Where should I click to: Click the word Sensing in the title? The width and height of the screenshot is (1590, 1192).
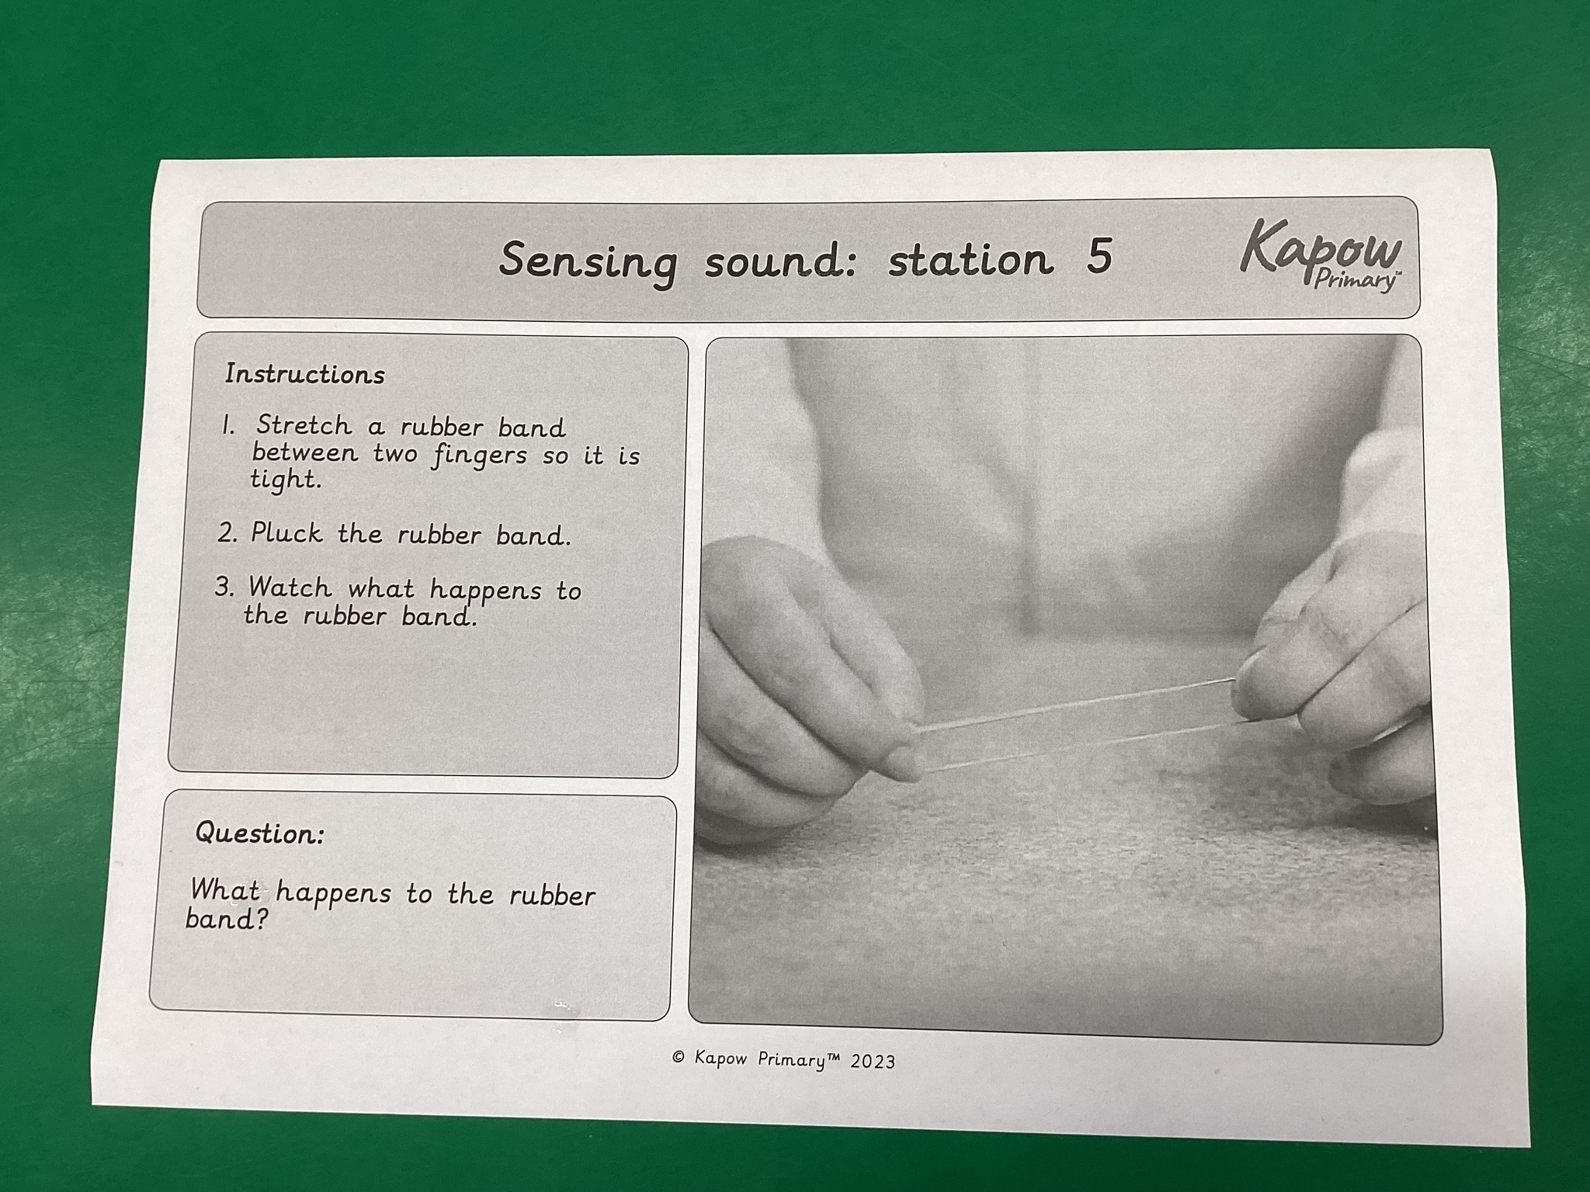(588, 262)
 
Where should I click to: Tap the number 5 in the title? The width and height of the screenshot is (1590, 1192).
(1099, 256)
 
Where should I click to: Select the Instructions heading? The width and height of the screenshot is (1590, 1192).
(304, 374)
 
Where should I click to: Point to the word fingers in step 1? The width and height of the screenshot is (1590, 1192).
(480, 455)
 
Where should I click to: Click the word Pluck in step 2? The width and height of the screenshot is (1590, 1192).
(286, 533)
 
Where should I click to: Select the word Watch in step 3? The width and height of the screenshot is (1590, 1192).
(290, 587)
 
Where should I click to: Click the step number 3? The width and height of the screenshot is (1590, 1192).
(224, 587)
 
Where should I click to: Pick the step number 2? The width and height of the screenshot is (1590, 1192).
(227, 533)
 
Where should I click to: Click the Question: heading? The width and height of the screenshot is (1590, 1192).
(259, 833)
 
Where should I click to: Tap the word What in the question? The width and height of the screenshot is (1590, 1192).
(224, 889)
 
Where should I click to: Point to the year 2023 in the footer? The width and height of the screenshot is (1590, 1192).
(872, 1062)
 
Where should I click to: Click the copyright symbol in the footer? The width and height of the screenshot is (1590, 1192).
(679, 1057)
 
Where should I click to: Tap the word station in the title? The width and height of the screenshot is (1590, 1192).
(971, 258)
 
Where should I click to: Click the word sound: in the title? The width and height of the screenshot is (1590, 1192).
(781, 262)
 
